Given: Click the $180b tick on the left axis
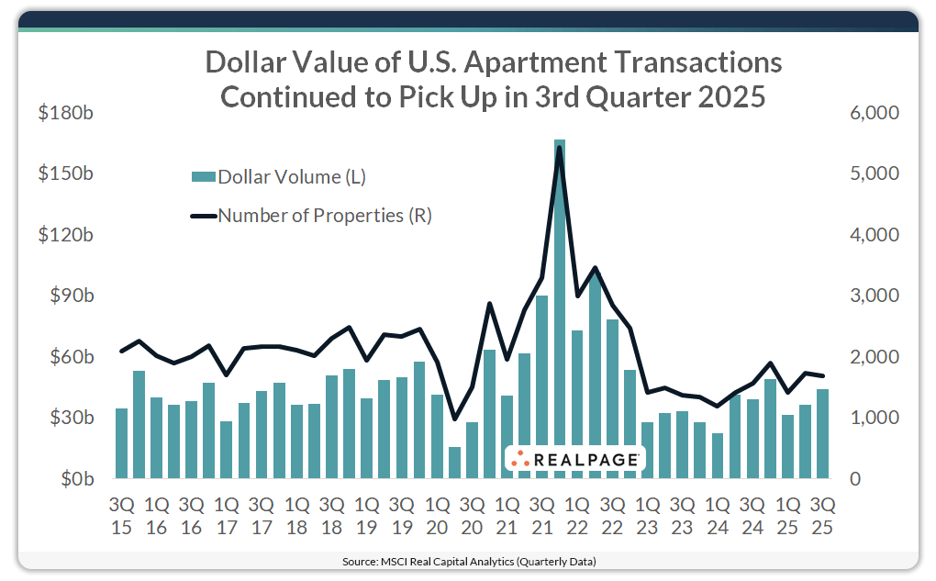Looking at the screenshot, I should click(66, 113).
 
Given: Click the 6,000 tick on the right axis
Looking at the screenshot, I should click(874, 113).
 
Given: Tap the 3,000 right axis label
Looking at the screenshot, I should click(874, 296).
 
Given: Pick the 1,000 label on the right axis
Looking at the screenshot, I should click(874, 418).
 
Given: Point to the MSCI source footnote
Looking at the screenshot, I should click(468, 560).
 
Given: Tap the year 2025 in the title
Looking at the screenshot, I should click(730, 96).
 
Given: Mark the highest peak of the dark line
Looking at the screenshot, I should click(560, 148).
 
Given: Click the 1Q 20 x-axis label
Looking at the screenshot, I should click(438, 516).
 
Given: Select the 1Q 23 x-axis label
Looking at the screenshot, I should click(648, 516).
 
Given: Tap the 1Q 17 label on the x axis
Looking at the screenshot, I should click(227, 516).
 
